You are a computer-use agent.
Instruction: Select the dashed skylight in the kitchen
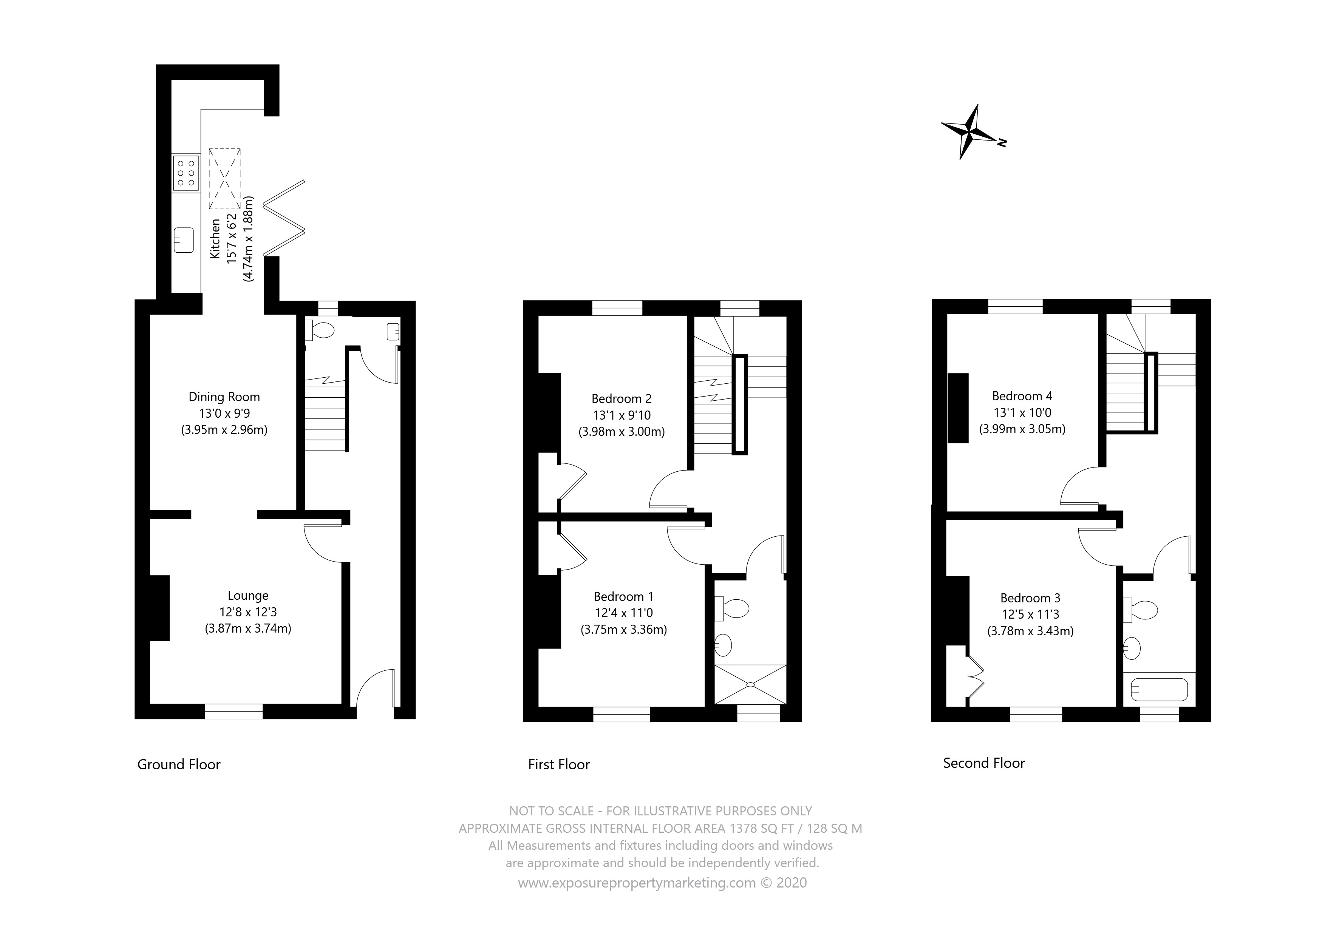(224, 179)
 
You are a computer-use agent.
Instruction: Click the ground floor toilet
(319, 330)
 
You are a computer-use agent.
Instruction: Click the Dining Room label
(224, 397)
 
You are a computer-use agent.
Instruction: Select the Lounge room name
(248, 596)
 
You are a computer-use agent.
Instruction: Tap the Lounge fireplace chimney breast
(160, 608)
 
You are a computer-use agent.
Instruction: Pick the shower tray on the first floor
(750, 684)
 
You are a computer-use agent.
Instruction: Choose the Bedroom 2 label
(622, 399)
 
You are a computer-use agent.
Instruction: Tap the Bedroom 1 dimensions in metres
(624, 630)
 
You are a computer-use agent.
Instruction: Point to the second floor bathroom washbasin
(1132, 648)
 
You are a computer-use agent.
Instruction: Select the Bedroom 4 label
(1022, 396)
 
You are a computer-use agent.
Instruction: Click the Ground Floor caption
(179, 764)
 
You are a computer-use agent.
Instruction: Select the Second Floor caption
(984, 763)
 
